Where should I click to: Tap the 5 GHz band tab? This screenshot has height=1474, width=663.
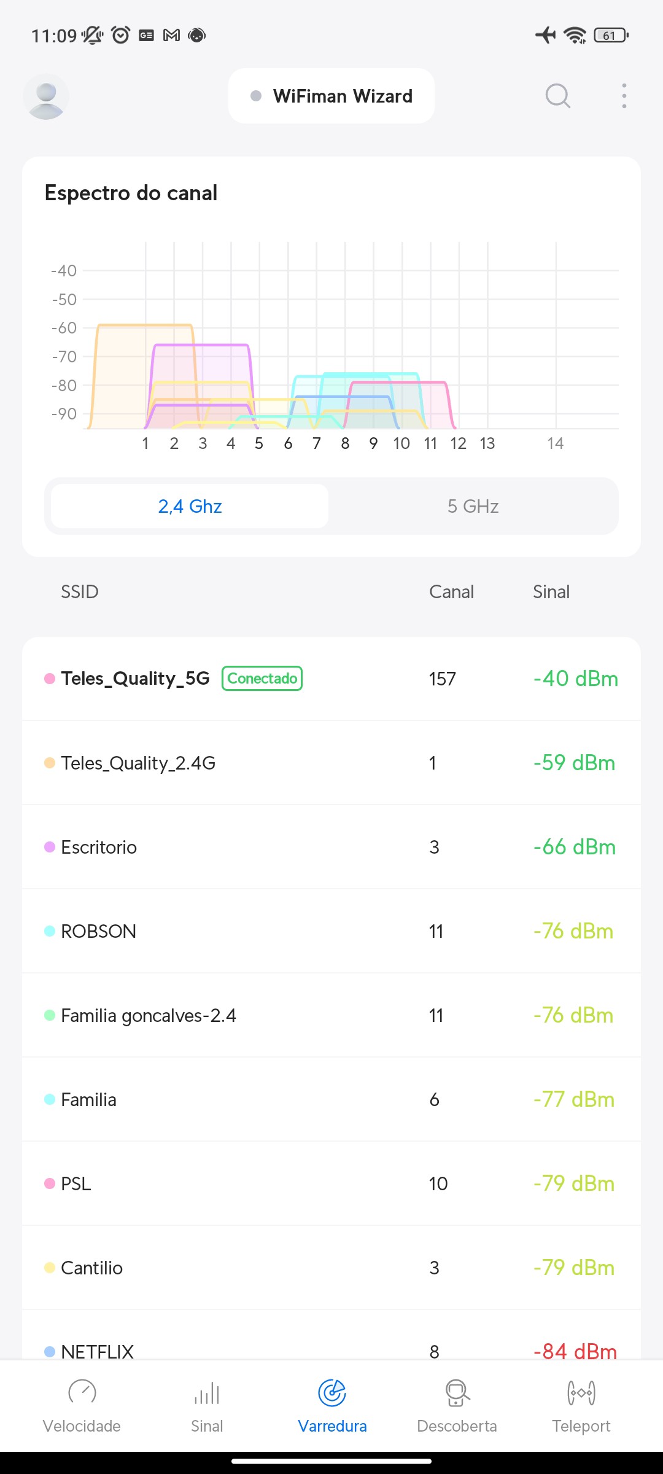click(x=473, y=506)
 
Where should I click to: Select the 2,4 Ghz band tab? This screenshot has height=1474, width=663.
click(x=190, y=506)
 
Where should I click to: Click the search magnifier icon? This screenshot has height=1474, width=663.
click(x=557, y=96)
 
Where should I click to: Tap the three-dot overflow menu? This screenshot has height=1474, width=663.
click(x=624, y=96)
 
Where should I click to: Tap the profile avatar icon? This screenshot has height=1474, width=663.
click(x=46, y=96)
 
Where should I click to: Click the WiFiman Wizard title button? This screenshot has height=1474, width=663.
click(x=331, y=96)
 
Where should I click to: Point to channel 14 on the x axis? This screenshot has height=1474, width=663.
click(x=555, y=443)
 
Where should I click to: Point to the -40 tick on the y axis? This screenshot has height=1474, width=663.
click(x=64, y=271)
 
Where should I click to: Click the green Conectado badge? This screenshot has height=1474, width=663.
click(x=262, y=679)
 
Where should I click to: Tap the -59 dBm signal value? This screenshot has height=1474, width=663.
click(x=574, y=763)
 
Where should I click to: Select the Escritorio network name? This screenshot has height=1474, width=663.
click(x=99, y=848)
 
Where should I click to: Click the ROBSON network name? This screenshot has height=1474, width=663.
click(x=98, y=932)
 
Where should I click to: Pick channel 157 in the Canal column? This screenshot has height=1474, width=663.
click(x=442, y=679)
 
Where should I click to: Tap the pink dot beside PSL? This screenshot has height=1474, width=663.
click(x=50, y=1183)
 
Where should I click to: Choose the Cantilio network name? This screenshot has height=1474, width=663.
click(x=91, y=1268)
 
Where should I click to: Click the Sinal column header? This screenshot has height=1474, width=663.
click(x=551, y=592)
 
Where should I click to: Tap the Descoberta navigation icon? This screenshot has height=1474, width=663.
click(x=457, y=1393)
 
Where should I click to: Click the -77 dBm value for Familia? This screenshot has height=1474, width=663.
click(x=574, y=1099)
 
